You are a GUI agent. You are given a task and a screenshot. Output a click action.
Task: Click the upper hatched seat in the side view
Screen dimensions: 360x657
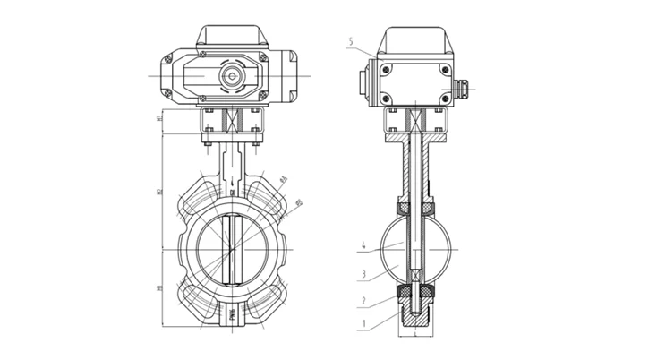(x=415, y=209)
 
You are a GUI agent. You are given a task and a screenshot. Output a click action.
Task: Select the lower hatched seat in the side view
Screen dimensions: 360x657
(x=415, y=290)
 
